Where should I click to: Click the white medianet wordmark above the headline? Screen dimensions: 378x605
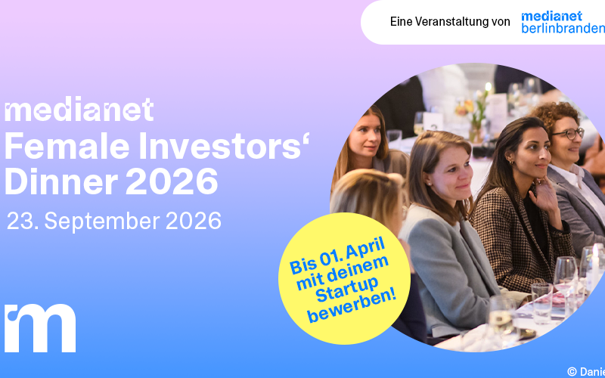pyautogui.click(x=79, y=110)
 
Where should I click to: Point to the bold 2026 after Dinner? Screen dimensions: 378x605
pyautogui.click(x=172, y=181)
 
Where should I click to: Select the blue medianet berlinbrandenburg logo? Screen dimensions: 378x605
pyautogui.click(x=563, y=22)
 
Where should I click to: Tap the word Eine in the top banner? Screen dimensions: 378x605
pyautogui.click(x=402, y=22)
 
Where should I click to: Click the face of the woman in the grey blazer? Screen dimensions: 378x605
pyautogui.click(x=452, y=170)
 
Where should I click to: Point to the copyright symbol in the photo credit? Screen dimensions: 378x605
pyautogui.click(x=572, y=371)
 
